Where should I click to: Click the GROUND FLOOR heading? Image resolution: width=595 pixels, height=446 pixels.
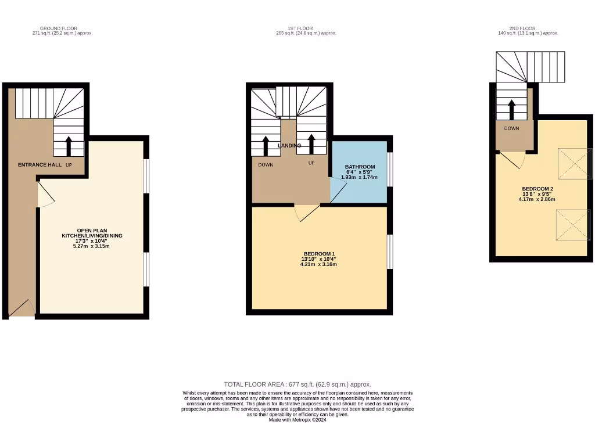(58, 28)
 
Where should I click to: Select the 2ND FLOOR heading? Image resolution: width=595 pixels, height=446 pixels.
(522, 28)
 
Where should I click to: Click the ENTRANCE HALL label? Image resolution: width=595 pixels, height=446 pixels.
(40, 165)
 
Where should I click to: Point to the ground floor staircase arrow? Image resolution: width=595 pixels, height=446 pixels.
(69, 146)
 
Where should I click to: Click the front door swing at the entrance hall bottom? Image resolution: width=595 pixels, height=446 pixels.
(23, 308)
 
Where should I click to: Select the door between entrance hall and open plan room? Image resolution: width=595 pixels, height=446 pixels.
(45, 195)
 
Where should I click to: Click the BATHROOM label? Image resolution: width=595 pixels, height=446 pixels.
(360, 167)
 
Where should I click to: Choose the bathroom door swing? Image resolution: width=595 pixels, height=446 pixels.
(337, 190)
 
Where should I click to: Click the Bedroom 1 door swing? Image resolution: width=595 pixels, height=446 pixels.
(306, 213)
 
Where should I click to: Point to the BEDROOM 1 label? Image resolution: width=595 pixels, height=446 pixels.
(319, 253)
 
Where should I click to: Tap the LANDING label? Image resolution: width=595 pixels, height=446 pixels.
(289, 146)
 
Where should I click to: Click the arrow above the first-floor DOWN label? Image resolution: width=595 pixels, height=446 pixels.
(266, 146)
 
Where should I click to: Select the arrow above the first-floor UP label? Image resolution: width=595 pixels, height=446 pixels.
(311, 144)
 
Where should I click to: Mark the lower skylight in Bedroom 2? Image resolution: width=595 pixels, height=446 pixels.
(572, 225)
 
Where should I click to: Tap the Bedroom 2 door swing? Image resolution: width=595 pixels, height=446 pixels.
(513, 160)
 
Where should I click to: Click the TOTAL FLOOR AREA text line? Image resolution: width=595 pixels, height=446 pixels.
(297, 384)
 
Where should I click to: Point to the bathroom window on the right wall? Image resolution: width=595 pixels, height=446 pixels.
(390, 170)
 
